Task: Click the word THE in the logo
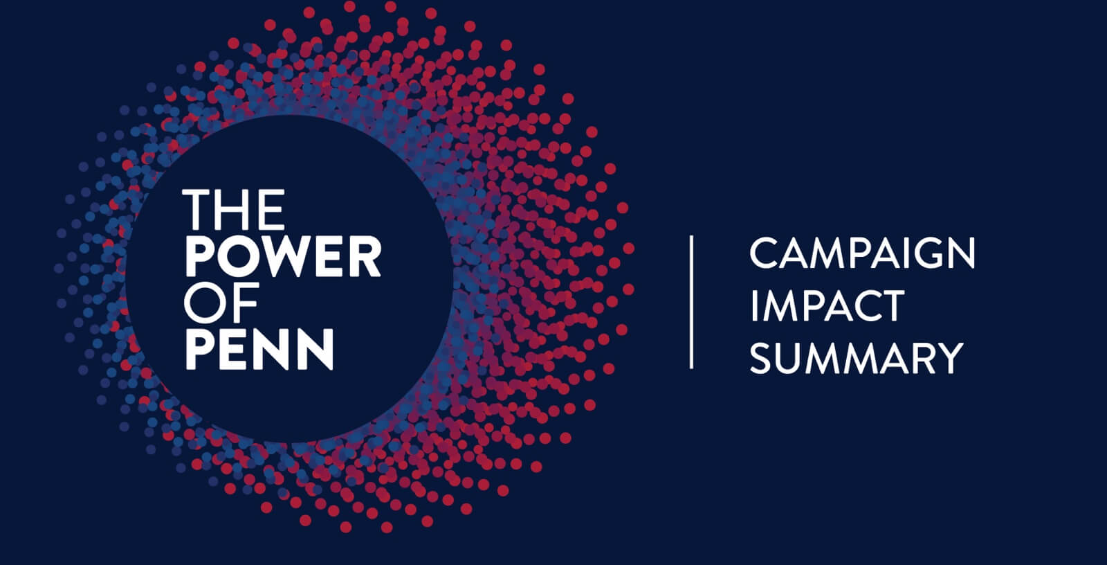(234, 210)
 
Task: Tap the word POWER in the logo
(284, 256)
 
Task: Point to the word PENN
(259, 349)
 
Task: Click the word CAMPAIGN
(862, 253)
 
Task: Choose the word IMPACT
(827, 306)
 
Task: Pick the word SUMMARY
(857, 358)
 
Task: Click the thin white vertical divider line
(691, 302)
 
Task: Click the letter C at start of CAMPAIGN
(765, 253)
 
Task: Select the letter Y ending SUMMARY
(949, 358)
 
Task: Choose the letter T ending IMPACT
(890, 306)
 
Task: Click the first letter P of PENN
(200, 349)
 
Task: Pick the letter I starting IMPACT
(753, 306)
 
